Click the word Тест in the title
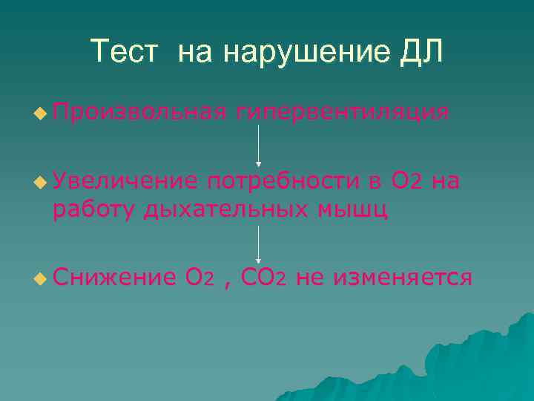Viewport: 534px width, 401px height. pos(125,51)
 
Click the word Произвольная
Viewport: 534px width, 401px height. pos(139,112)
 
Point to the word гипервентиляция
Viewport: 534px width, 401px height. pos(342,112)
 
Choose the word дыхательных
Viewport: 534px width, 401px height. pos(226,209)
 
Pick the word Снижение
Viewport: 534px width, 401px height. pos(113,278)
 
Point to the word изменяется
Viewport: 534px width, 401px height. pos(403,278)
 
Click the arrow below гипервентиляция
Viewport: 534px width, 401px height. pos(258,145)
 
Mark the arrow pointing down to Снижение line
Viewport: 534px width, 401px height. pos(258,244)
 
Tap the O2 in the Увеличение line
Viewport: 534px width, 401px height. pos(407,180)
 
